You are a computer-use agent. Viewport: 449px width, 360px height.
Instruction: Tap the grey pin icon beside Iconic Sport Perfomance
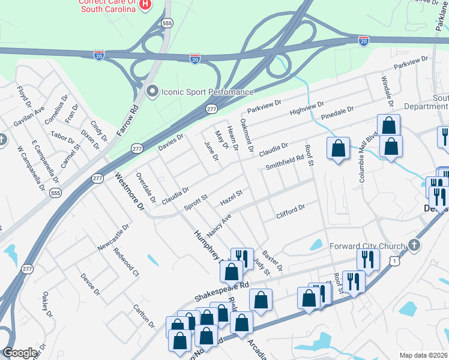tap(152, 91)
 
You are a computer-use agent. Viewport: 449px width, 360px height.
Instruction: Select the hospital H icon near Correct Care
tap(144, 5)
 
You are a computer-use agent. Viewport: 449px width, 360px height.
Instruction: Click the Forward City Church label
tap(367, 245)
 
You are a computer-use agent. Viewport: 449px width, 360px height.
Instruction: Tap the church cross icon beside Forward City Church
tap(414, 245)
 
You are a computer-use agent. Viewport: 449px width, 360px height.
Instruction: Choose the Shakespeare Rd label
tap(221, 292)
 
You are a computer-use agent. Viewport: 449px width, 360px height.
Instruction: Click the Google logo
tap(20, 353)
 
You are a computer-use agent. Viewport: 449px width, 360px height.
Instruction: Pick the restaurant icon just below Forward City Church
tap(367, 259)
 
